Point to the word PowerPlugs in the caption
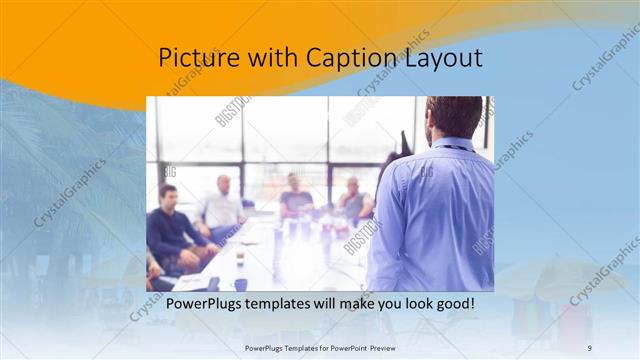204,303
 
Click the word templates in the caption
288,303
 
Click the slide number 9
589,347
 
